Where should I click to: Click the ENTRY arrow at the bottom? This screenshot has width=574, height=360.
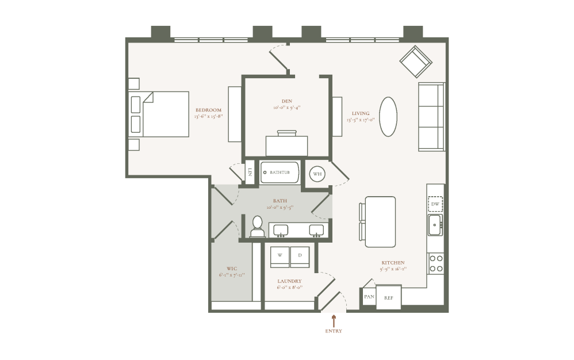(x=334, y=319)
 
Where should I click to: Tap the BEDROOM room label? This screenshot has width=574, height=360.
(x=208, y=110)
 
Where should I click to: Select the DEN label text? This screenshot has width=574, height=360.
(x=287, y=101)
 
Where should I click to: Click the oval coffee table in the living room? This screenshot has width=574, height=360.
(x=388, y=117)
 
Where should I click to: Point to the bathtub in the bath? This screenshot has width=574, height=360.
(x=280, y=172)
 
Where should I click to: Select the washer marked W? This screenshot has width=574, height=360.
(x=280, y=256)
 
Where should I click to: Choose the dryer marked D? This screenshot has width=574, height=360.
(x=300, y=256)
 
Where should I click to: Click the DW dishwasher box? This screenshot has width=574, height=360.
(x=435, y=204)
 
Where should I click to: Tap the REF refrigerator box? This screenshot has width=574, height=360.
(x=389, y=298)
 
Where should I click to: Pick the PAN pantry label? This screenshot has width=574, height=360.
(x=369, y=297)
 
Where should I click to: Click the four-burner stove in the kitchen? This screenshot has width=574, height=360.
(x=436, y=263)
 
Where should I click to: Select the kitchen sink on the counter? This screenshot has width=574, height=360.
(x=435, y=225)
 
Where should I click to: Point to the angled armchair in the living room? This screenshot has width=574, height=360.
(x=416, y=62)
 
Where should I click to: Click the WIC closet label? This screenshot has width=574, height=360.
(x=232, y=269)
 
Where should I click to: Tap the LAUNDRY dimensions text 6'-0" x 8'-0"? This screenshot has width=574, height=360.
(x=289, y=288)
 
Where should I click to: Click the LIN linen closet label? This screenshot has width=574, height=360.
(x=250, y=171)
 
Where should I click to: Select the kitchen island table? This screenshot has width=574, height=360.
(x=380, y=221)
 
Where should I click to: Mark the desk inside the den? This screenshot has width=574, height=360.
(x=286, y=145)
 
